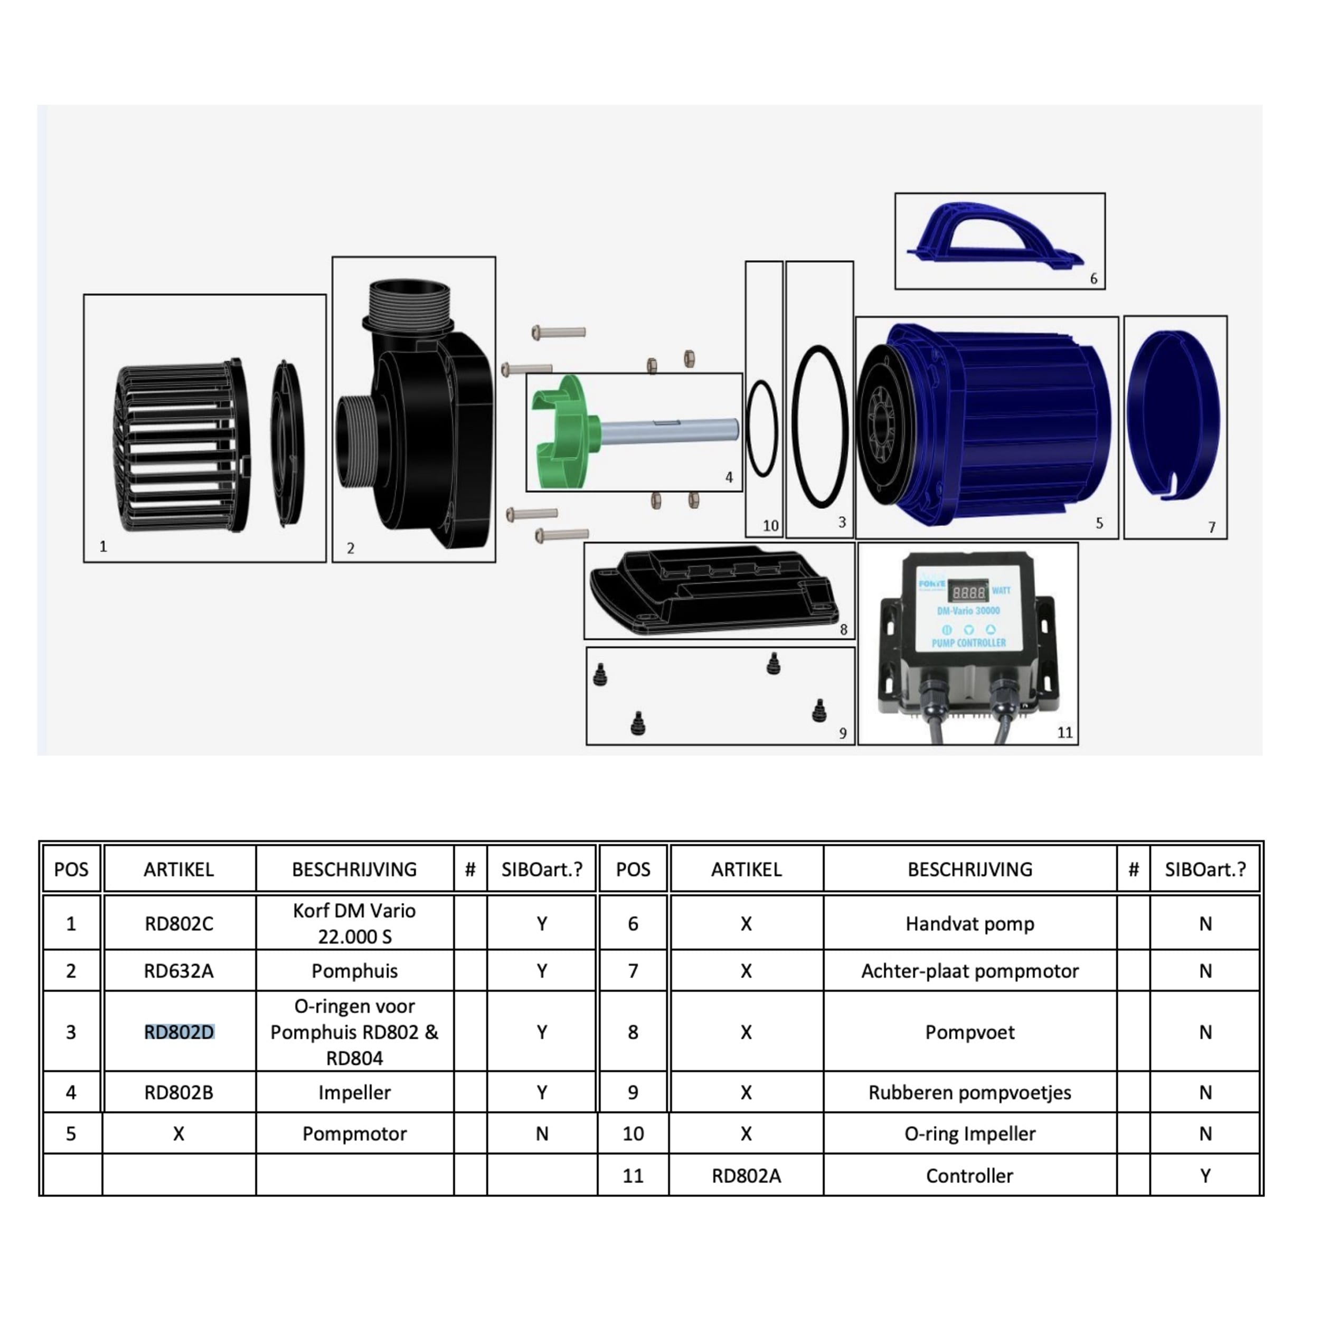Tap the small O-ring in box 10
[x=762, y=428]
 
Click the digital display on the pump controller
[x=969, y=592]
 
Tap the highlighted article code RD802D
[x=179, y=1032]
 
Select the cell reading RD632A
[x=179, y=971]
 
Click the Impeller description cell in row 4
[x=355, y=1092]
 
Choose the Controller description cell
[x=969, y=1176]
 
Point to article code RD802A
[x=746, y=1176]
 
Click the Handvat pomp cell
[x=969, y=923]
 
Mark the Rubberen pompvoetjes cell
[x=969, y=1092]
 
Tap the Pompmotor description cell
[x=355, y=1134]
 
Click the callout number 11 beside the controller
[x=1064, y=733]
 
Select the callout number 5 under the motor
[x=1099, y=523]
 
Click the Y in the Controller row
[x=1205, y=1176]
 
